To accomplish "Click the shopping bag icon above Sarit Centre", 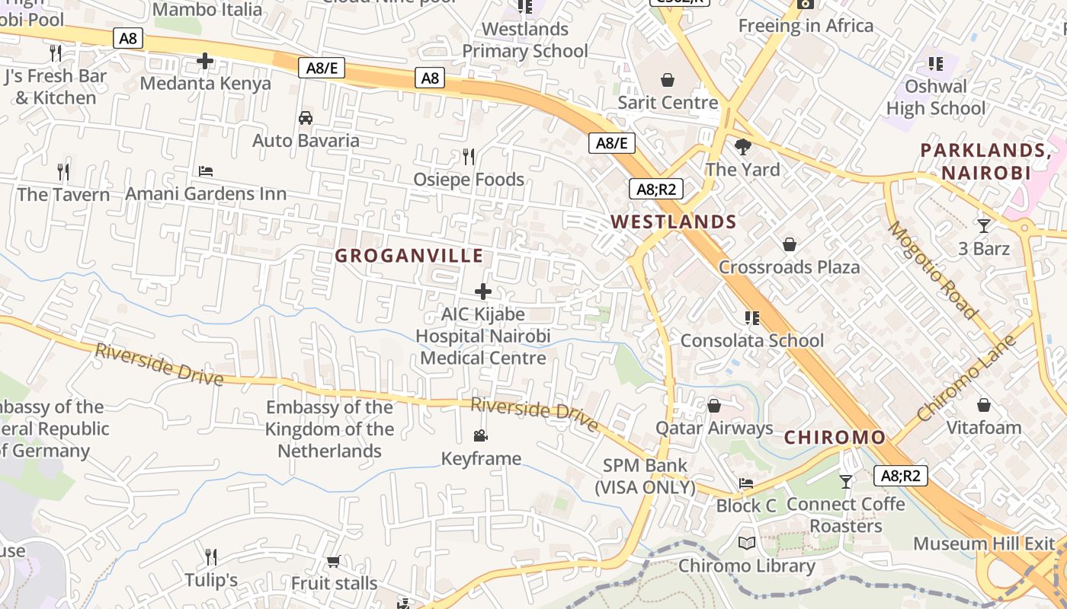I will pyautogui.click(x=668, y=79).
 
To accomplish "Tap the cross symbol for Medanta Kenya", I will pyautogui.click(x=205, y=61).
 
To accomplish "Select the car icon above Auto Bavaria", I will pyautogui.click(x=306, y=118).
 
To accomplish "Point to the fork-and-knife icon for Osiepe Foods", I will pyautogui.click(x=469, y=157).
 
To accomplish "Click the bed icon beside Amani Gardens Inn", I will pyautogui.click(x=205, y=171).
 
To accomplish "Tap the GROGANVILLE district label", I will pyautogui.click(x=409, y=256).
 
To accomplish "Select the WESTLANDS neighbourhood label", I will pyautogui.click(x=674, y=222).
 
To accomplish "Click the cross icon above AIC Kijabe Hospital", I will pyautogui.click(x=483, y=292).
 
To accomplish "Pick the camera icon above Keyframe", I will pyautogui.click(x=480, y=436).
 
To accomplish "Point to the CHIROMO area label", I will pyautogui.click(x=835, y=438).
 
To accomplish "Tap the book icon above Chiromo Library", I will pyautogui.click(x=747, y=544).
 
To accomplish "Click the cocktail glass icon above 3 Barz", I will pyautogui.click(x=984, y=225).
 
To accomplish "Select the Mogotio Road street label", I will pyautogui.click(x=932, y=270).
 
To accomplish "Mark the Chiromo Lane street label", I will pyautogui.click(x=966, y=378).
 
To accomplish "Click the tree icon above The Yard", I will pyautogui.click(x=742, y=147).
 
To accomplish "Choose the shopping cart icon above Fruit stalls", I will pyautogui.click(x=333, y=562).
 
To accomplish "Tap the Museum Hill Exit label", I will pyautogui.click(x=984, y=544).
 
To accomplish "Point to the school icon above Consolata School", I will pyautogui.click(x=752, y=317).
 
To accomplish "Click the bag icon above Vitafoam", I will pyautogui.click(x=984, y=405).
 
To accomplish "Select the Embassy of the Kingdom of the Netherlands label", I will pyautogui.click(x=329, y=429).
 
